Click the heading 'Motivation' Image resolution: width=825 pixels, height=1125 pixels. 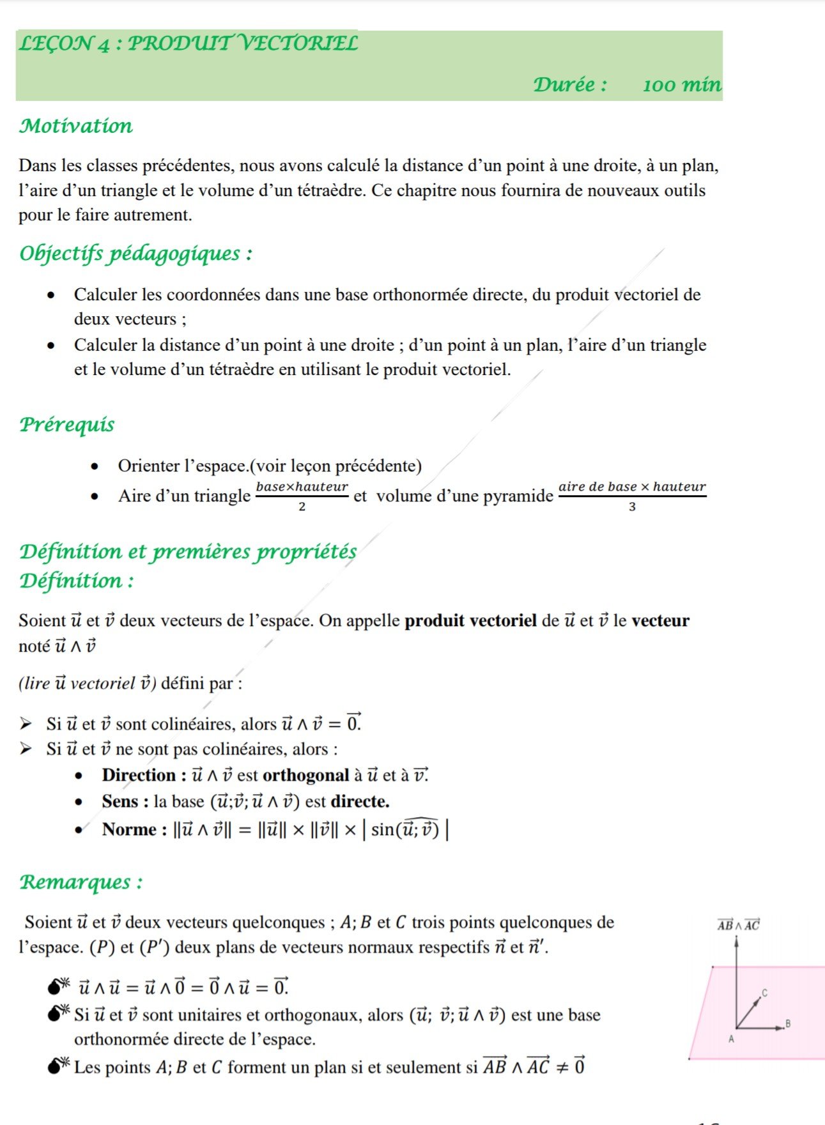(76, 126)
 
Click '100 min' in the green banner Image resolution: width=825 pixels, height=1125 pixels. (682, 85)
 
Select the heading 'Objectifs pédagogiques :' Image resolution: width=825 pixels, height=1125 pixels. (135, 254)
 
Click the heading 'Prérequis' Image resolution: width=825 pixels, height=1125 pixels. (67, 424)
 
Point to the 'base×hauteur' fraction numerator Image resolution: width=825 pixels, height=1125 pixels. (302, 487)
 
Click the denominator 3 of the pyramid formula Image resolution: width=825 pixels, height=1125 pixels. (632, 507)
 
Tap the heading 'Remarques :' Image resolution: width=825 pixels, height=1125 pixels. (81, 882)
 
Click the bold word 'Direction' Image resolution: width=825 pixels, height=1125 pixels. (139, 775)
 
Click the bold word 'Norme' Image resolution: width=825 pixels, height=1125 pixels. (129, 829)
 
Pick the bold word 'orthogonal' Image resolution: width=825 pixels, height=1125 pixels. (305, 775)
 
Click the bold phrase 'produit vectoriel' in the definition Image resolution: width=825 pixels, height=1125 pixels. (470, 620)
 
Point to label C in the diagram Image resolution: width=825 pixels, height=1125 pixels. (764, 993)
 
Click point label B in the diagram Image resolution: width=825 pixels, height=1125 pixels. (788, 1023)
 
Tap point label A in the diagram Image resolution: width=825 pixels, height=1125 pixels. (732, 1039)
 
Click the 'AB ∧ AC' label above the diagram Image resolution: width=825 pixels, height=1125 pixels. (738, 924)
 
